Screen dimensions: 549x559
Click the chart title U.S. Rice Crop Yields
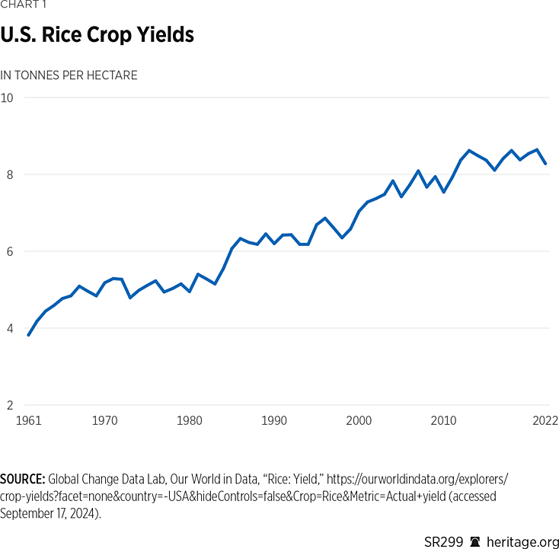click(x=97, y=35)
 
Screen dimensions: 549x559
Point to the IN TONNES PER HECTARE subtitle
click(x=69, y=75)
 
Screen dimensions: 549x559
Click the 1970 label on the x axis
click(x=105, y=420)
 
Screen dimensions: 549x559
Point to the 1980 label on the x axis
click(x=190, y=420)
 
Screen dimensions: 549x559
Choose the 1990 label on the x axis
click(x=274, y=420)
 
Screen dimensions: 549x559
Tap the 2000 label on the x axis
click(x=359, y=420)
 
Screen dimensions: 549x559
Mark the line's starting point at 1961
click(x=28, y=335)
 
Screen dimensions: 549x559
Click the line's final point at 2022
click(x=546, y=164)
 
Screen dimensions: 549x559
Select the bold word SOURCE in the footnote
click(x=23, y=479)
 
